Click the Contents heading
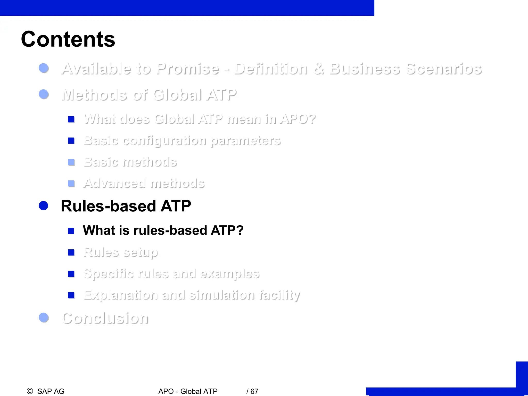(x=68, y=39)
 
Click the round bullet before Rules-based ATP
(x=44, y=206)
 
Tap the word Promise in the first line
(x=188, y=69)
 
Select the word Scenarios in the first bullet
(x=444, y=69)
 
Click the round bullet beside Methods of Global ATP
(x=44, y=94)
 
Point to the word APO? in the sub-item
(x=298, y=119)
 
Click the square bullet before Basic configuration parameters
(x=71, y=141)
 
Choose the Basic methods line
(x=130, y=162)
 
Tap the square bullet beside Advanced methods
(x=71, y=184)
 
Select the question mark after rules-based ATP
(x=240, y=230)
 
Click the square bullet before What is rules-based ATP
(x=71, y=231)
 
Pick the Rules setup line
(x=120, y=252)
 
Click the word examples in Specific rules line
(x=230, y=274)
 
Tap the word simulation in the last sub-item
(x=221, y=295)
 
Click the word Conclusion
(x=105, y=318)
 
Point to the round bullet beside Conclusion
(x=44, y=318)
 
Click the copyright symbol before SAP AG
(x=30, y=391)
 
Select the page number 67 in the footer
(x=254, y=391)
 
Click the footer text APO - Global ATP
(x=188, y=391)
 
